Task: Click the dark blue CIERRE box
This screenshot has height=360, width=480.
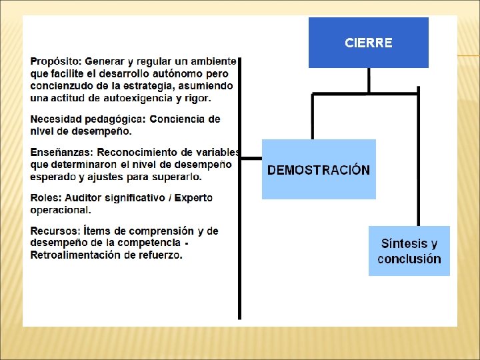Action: [x=368, y=43]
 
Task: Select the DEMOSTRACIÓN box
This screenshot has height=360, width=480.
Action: [x=319, y=169]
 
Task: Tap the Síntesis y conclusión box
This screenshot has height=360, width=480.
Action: [x=409, y=251]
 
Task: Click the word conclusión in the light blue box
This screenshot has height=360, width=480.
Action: [x=409, y=259]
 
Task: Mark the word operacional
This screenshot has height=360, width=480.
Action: [x=60, y=210]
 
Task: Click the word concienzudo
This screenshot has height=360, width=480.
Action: [x=61, y=86]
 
